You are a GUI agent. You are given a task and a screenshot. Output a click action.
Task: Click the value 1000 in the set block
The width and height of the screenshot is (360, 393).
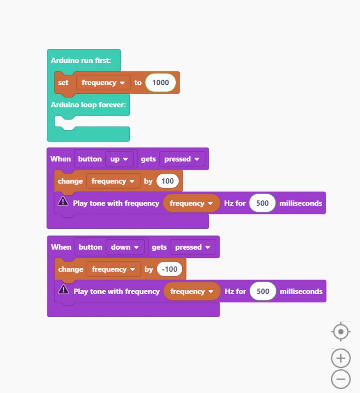pyautogui.click(x=161, y=82)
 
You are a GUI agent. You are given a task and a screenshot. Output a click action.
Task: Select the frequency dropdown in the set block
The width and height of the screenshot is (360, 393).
pyautogui.click(x=104, y=82)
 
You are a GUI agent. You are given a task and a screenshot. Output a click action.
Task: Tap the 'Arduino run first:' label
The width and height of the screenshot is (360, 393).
pyautogui.click(x=81, y=61)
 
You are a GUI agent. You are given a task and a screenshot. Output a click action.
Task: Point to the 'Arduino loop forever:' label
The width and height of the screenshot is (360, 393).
pyautogui.click(x=88, y=104)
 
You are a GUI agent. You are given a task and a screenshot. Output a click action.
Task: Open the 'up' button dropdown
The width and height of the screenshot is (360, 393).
pyautogui.click(x=119, y=159)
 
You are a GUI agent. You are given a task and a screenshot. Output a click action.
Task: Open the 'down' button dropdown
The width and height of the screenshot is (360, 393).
pyautogui.click(x=125, y=247)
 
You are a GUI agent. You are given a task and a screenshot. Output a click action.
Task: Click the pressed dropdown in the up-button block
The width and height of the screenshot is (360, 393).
pyautogui.click(x=182, y=159)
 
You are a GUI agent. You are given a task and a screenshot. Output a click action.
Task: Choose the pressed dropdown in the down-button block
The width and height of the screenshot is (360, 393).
pyautogui.click(x=193, y=247)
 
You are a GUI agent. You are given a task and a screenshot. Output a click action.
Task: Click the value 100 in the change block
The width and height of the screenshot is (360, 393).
pyautogui.click(x=168, y=181)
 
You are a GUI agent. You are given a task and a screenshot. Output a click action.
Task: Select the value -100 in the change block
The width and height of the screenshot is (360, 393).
pyautogui.click(x=170, y=269)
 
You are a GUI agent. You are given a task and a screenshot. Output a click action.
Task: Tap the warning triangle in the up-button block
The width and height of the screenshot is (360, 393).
pyautogui.click(x=63, y=201)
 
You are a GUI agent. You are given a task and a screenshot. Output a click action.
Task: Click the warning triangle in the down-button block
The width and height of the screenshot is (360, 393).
pyautogui.click(x=63, y=289)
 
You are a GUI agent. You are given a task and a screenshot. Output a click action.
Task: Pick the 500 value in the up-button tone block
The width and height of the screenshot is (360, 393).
pyautogui.click(x=262, y=203)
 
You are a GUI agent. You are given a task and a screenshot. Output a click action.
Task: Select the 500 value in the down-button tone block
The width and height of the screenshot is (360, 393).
pyautogui.click(x=263, y=291)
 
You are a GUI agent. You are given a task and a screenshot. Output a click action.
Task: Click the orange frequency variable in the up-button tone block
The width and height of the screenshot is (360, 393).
pyautogui.click(x=192, y=203)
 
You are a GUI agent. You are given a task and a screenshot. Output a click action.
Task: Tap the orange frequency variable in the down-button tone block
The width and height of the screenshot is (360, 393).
pyautogui.click(x=192, y=291)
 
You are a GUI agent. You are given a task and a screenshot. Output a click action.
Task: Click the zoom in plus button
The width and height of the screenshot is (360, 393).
pyautogui.click(x=341, y=358)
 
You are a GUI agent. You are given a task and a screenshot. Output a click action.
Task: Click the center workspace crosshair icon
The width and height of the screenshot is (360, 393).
pyautogui.click(x=341, y=332)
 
